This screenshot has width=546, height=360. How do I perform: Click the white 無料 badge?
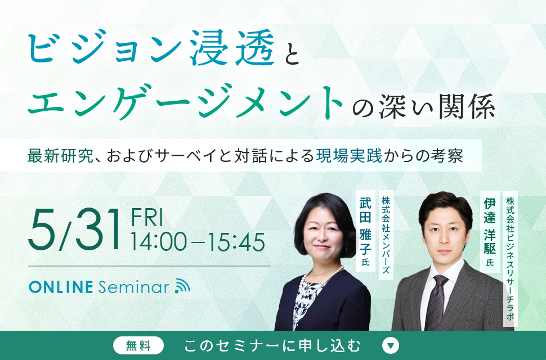[x=138, y=346]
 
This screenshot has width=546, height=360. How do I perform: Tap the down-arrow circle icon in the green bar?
[x=390, y=345]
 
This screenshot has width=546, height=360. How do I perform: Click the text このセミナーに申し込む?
[x=272, y=346]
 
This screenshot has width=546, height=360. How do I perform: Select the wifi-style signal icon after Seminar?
[x=182, y=286]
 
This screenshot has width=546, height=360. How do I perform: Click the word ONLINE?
[x=61, y=287]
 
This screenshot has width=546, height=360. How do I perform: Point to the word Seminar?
[x=134, y=287]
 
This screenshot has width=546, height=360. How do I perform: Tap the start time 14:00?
[x=159, y=242]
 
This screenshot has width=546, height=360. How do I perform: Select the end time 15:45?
[x=236, y=242]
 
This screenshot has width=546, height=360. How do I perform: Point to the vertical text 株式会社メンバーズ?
[x=386, y=235]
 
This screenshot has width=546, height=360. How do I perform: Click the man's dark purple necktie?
[x=435, y=302]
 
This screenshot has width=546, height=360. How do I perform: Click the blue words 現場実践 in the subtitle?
[x=349, y=155]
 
